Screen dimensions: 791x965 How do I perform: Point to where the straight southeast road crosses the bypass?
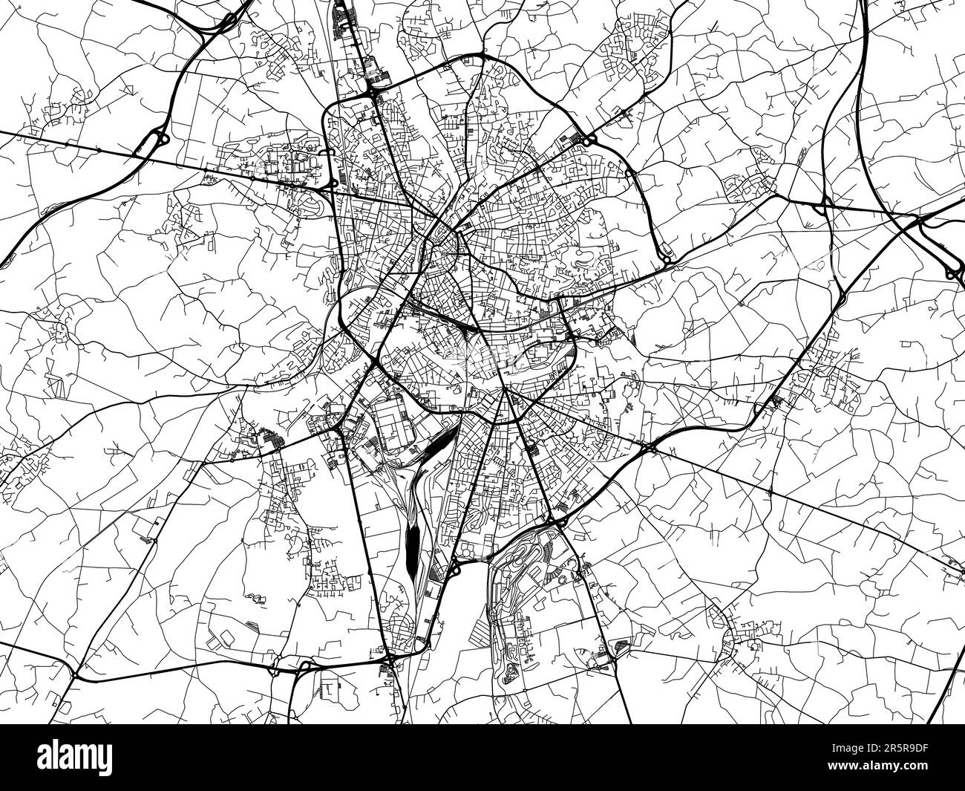pyautogui.click(x=648, y=447)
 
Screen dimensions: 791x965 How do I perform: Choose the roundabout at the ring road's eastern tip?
pyautogui.click(x=666, y=261)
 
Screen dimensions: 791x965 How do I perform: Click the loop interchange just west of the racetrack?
pyautogui.click(x=454, y=568)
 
